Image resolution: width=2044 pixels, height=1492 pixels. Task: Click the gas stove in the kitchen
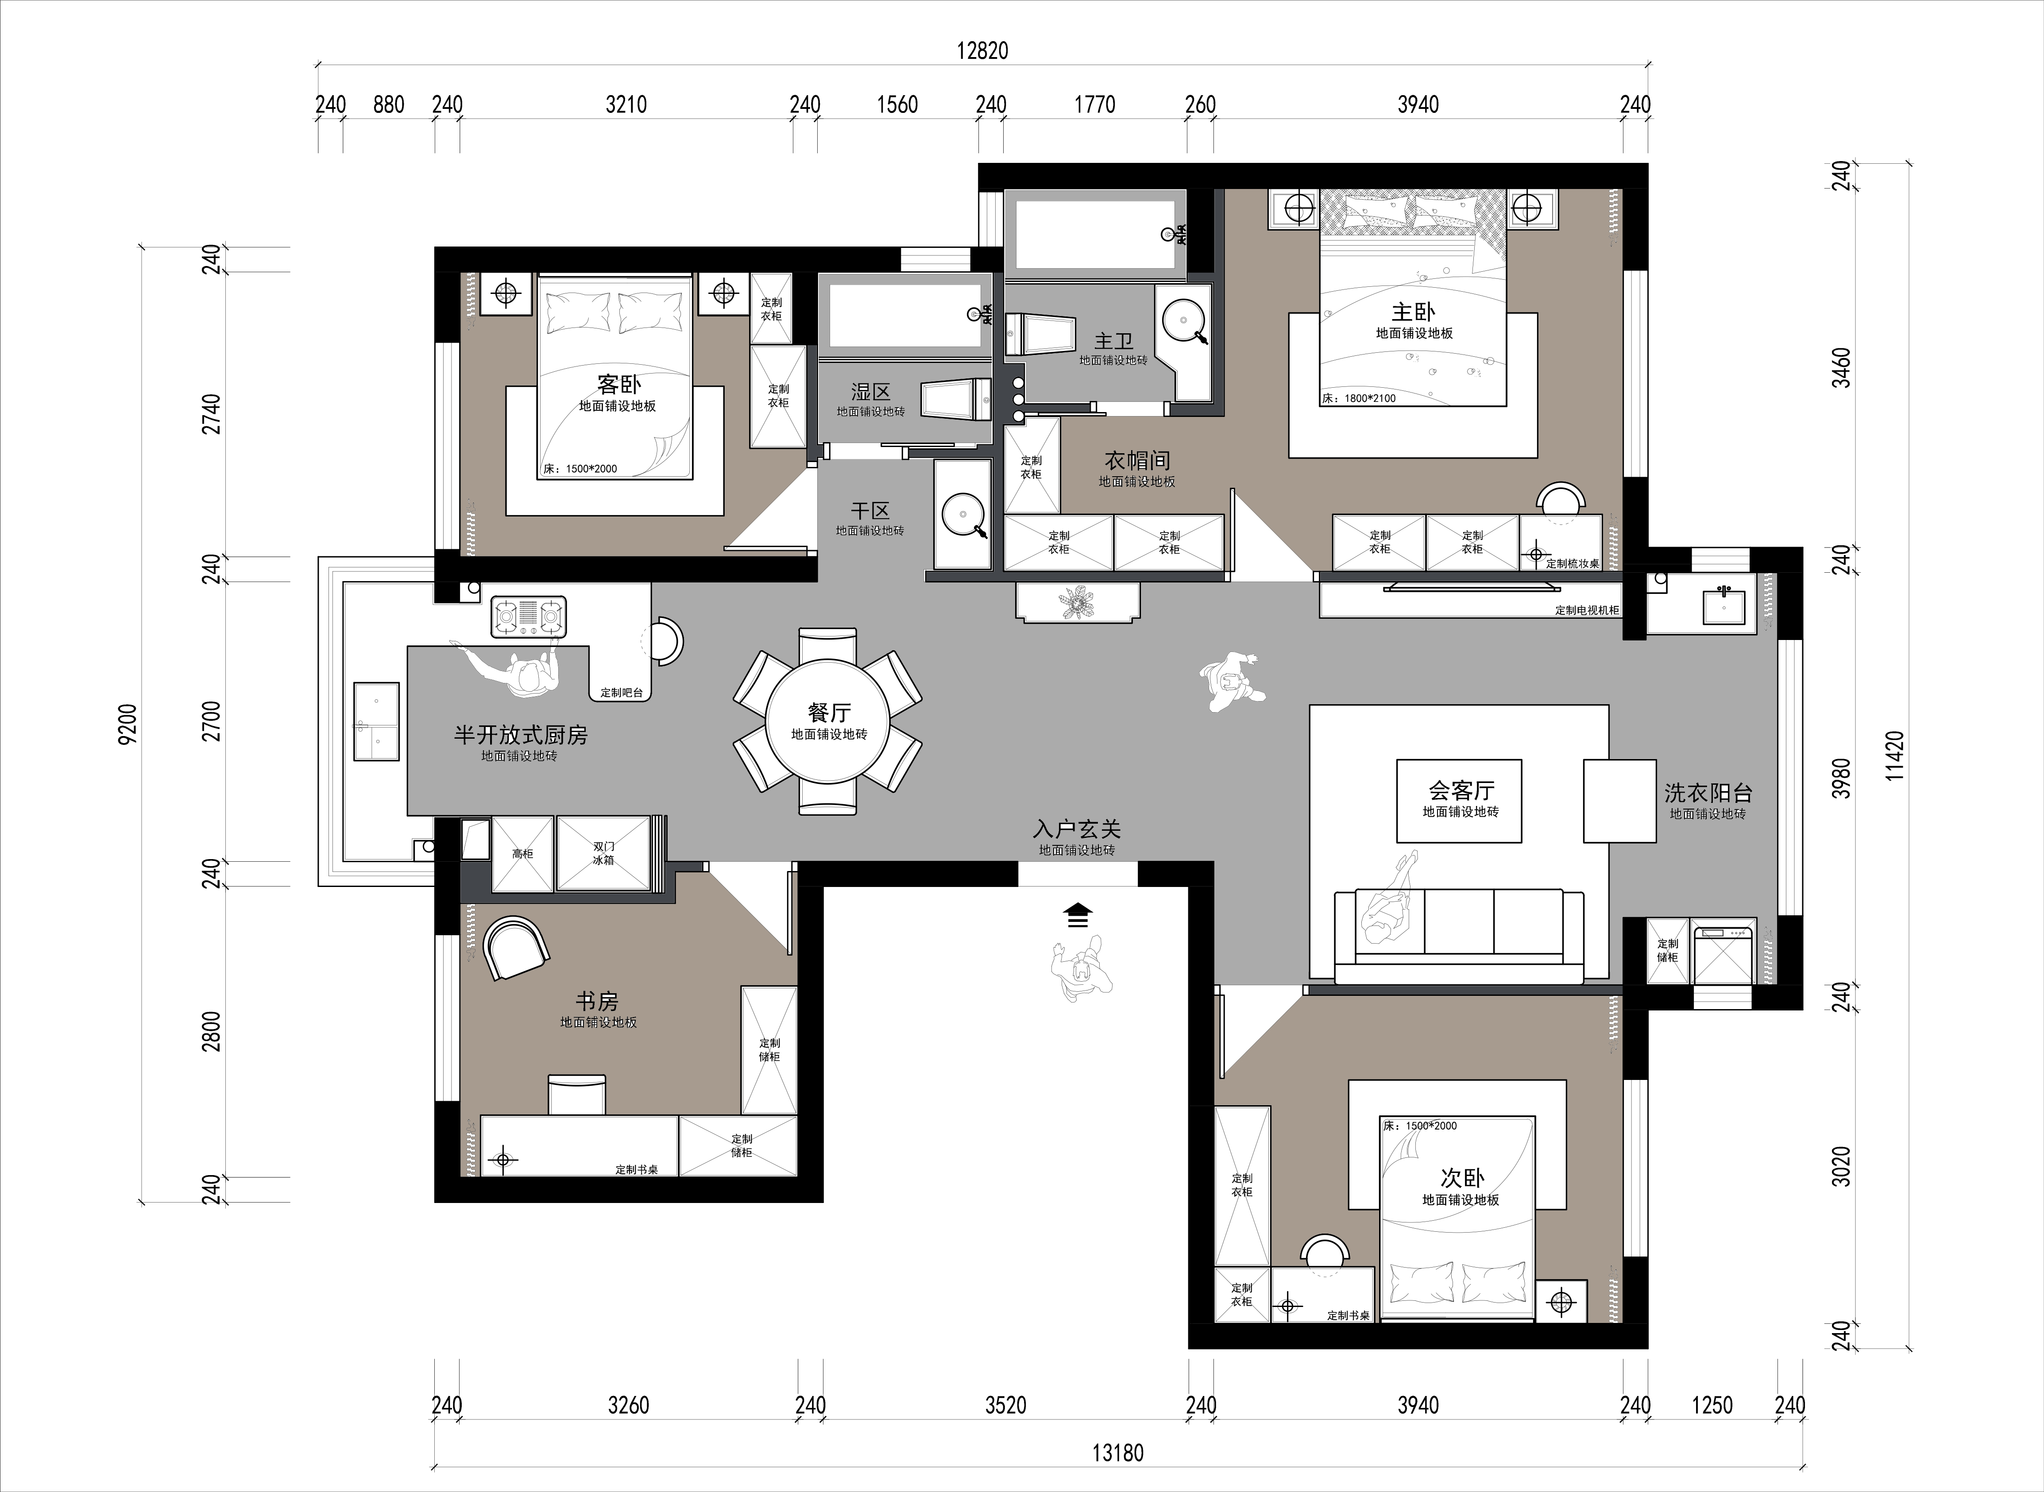pos(529,617)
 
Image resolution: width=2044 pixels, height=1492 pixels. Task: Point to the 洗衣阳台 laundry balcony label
pos(1708,793)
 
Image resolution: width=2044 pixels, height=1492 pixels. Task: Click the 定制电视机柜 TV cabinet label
pos(1587,610)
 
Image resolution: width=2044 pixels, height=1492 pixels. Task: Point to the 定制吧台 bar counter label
pos(622,693)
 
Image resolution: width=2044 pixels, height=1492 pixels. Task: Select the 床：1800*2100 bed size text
pos(1358,398)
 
